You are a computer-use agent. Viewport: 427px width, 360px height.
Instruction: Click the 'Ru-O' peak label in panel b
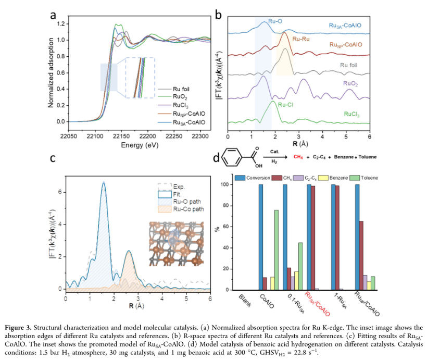(x=276, y=22)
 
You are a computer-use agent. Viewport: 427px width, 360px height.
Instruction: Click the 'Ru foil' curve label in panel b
(x=348, y=65)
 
